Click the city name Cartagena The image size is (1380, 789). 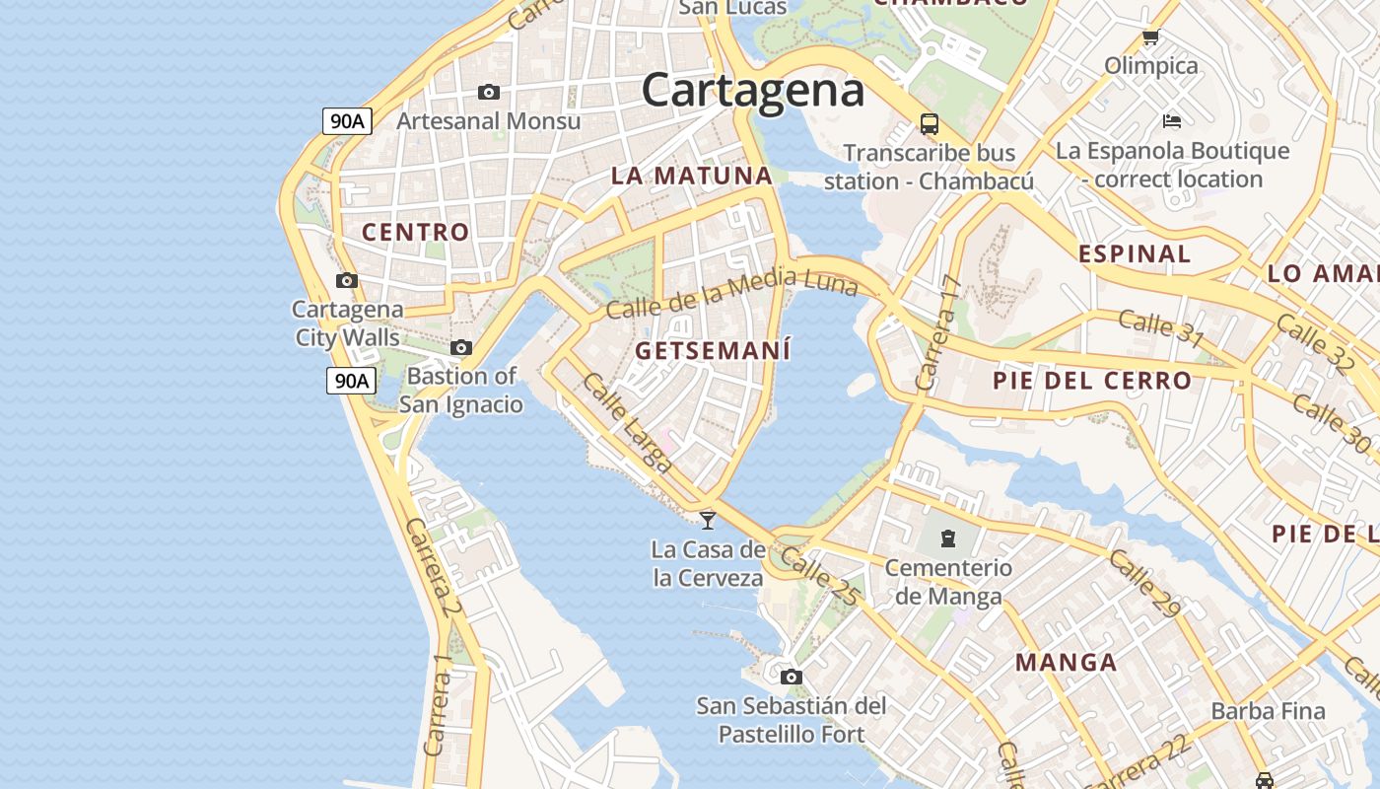(x=753, y=91)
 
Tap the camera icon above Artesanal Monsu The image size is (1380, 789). (x=489, y=93)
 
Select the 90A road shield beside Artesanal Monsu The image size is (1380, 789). (x=347, y=121)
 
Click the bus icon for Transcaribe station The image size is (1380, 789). (x=930, y=124)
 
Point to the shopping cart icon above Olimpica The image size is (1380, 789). (x=1150, y=38)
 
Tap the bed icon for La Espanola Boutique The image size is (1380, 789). (x=1172, y=121)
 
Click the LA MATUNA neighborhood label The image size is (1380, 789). (x=691, y=176)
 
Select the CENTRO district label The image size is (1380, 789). (x=415, y=232)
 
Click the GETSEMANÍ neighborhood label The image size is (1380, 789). (x=713, y=350)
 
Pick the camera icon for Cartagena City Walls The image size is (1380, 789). (x=347, y=281)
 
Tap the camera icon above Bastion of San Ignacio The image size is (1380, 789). (x=461, y=348)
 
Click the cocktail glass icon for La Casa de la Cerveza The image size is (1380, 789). (x=708, y=520)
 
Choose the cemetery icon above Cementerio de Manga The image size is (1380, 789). (x=948, y=538)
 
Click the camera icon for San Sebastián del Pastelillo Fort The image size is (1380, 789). (x=791, y=677)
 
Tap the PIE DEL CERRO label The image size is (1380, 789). (x=1092, y=380)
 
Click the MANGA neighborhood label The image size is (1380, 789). (x=1066, y=662)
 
